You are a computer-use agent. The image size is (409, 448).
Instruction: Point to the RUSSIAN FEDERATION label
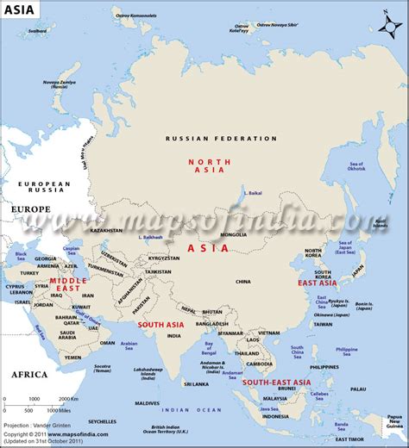pyautogui.click(x=222, y=138)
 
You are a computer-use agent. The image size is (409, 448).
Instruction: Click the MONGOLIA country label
pyautogui.click(x=234, y=234)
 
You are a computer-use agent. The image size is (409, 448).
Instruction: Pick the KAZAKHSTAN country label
pyautogui.click(x=105, y=230)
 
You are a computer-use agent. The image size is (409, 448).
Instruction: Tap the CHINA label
pyautogui.click(x=242, y=281)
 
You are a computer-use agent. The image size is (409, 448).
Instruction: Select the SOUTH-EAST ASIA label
pyautogui.click(x=278, y=382)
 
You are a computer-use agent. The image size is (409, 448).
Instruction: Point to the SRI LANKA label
pyautogui.click(x=196, y=383)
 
